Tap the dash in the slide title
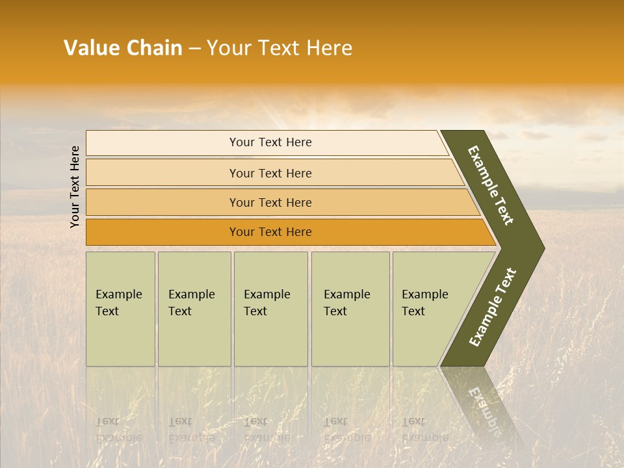(194, 49)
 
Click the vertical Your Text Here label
(75, 187)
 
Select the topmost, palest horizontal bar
(270, 142)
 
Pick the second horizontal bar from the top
(270, 173)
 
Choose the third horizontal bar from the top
(270, 202)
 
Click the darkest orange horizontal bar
(270, 232)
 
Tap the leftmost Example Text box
(120, 309)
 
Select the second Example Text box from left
(194, 309)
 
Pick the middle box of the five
(270, 309)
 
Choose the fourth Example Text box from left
(350, 309)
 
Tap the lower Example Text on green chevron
(493, 307)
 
